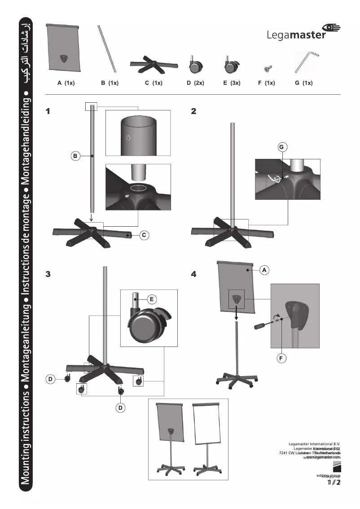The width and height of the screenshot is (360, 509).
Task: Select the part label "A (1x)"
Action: (66, 83)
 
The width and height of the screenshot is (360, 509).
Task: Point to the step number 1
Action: (49, 111)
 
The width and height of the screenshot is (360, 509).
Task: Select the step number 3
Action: (49, 274)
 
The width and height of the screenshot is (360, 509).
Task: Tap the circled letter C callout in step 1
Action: (143, 235)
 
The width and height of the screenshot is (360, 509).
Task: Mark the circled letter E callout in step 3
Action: (152, 298)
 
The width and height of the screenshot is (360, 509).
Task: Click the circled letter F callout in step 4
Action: (281, 358)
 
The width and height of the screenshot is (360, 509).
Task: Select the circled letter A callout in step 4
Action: (264, 270)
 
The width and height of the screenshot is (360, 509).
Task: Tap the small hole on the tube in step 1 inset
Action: (128, 137)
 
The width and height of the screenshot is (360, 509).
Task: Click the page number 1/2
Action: (334, 483)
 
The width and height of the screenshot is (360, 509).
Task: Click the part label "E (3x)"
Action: (232, 83)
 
